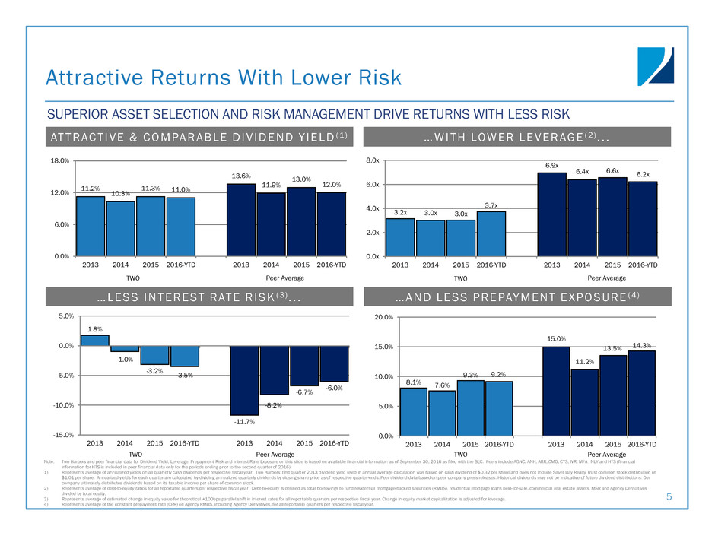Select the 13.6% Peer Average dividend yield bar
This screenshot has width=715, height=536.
[240, 220]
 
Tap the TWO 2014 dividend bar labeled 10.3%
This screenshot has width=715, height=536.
[120, 228]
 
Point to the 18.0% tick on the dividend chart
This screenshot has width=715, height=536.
[60, 161]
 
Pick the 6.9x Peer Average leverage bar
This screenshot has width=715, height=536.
[551, 214]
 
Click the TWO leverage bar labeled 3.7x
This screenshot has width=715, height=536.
[491, 233]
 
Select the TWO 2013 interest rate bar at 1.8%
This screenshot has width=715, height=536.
[94, 341]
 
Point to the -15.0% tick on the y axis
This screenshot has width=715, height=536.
[59, 435]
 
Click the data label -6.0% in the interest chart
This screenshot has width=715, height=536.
[334, 388]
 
